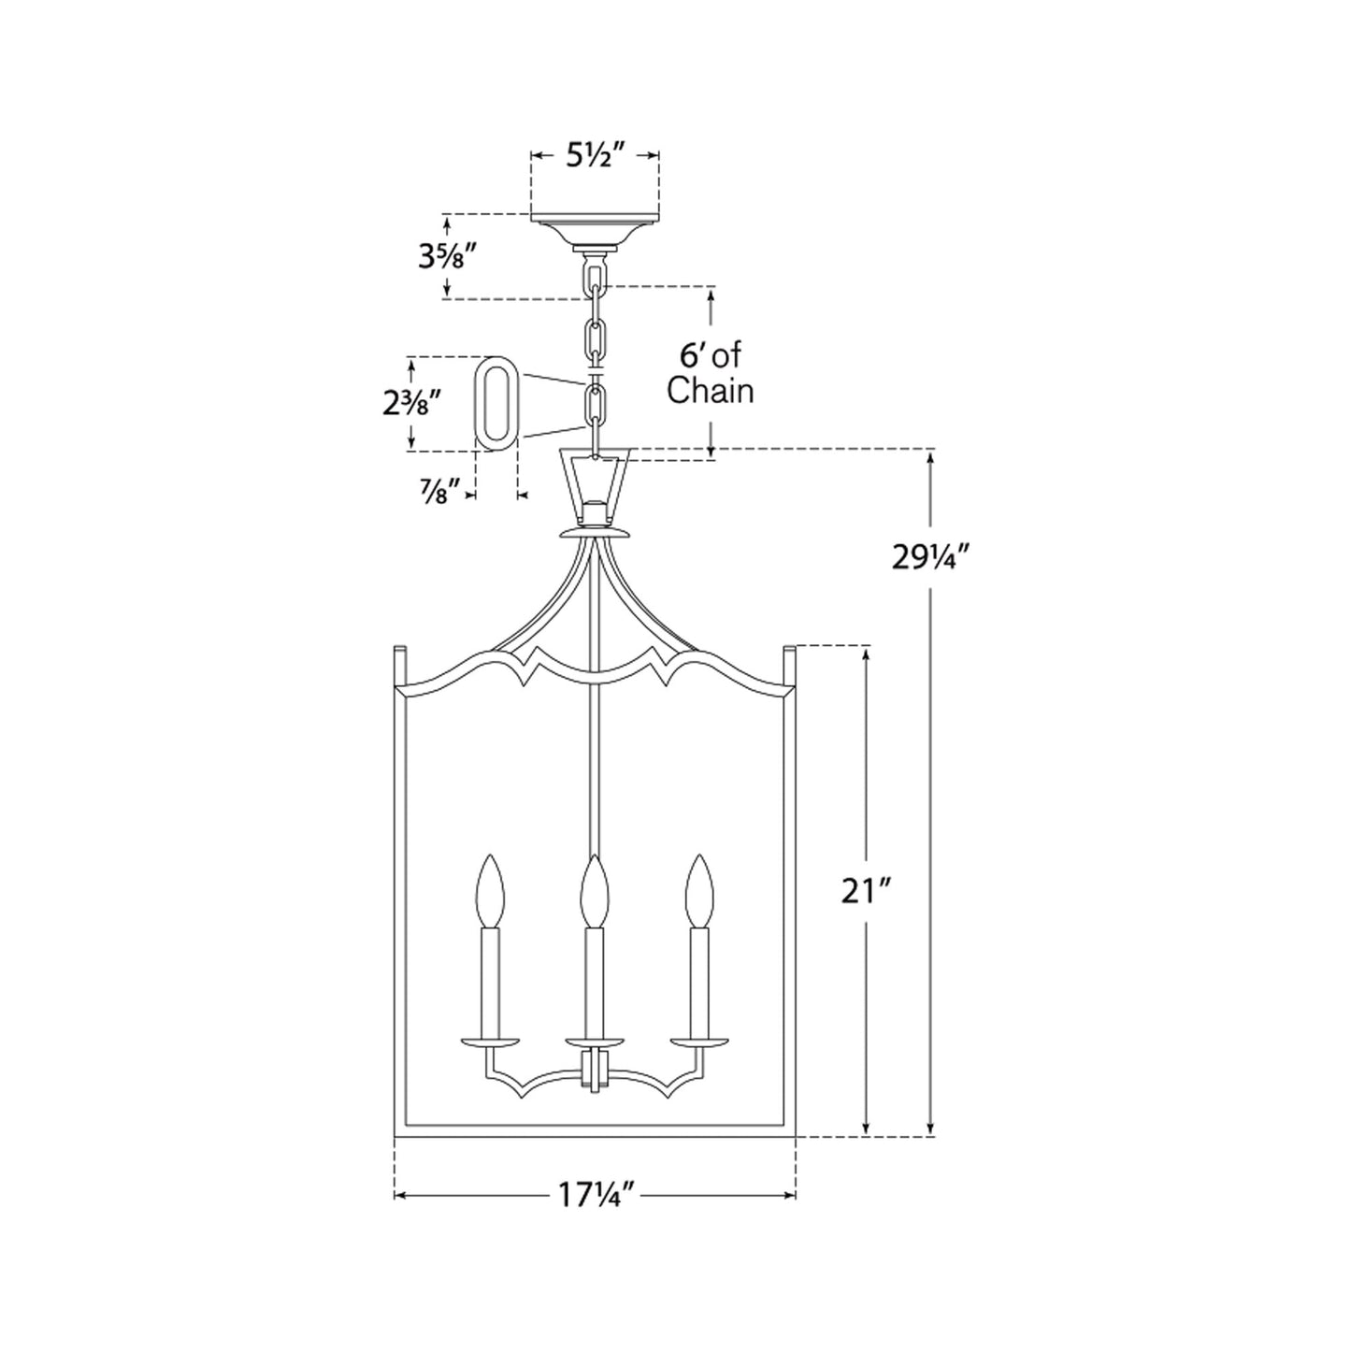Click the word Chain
[x=710, y=391]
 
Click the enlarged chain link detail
[x=496, y=404]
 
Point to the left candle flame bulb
[x=490, y=891]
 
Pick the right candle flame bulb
[x=698, y=891]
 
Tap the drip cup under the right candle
[x=698, y=1040]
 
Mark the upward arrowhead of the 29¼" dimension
[x=930, y=458]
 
